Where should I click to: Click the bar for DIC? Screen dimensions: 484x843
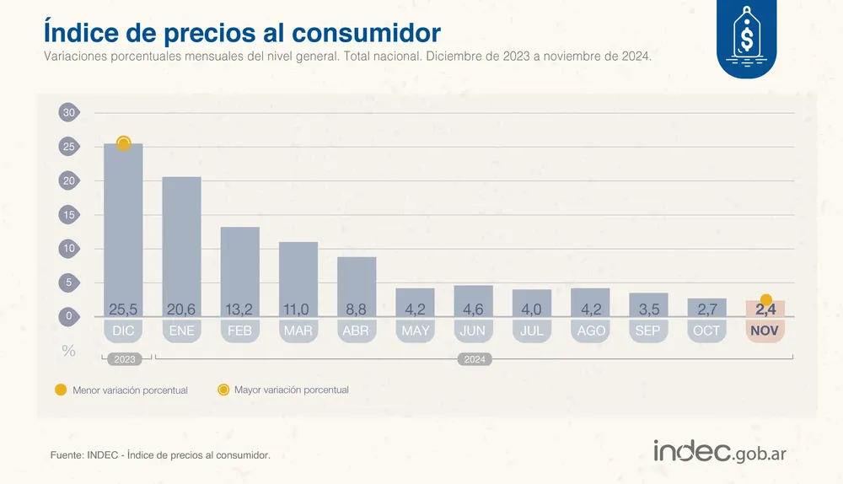(123, 228)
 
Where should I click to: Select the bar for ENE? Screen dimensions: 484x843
(181, 245)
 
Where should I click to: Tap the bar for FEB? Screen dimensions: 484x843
(239, 270)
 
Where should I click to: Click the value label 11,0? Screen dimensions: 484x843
(298, 309)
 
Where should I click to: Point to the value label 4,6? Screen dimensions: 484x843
(473, 309)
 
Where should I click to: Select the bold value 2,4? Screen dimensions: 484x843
(765, 309)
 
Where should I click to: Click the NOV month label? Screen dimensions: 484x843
(765, 331)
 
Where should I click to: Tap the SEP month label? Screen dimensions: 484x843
(647, 331)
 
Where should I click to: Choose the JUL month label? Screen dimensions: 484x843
(531, 331)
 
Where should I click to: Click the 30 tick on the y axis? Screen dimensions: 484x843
(69, 113)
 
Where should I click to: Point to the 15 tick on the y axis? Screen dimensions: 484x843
(69, 215)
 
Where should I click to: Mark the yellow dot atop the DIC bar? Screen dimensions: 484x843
(123, 143)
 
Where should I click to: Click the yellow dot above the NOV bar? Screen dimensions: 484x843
(765, 299)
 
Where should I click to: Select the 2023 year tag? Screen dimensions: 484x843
(124, 359)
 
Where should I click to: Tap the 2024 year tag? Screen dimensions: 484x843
(474, 359)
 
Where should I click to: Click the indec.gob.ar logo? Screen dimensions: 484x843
(720, 452)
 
